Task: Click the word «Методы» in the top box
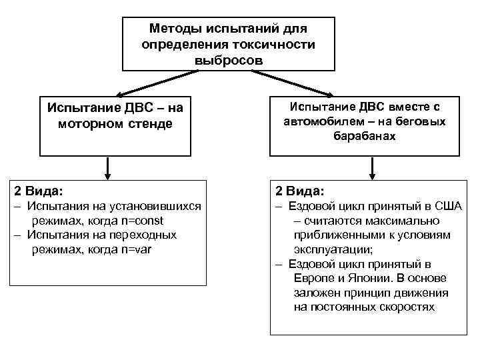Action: point(174,29)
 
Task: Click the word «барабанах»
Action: point(365,137)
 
